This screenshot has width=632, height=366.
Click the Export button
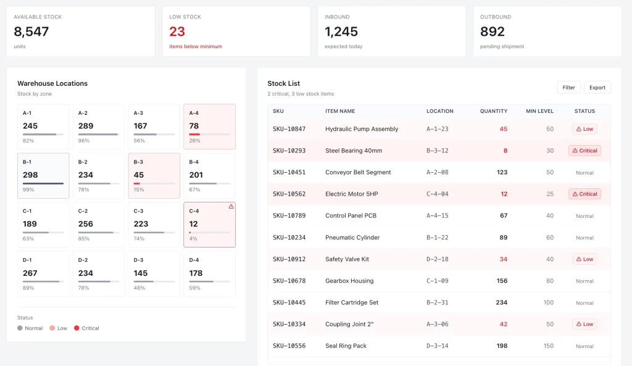click(x=597, y=88)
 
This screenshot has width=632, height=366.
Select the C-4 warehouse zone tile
click(x=209, y=225)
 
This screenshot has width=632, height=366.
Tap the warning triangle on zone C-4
click(x=231, y=206)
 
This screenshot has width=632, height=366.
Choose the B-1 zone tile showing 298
click(x=43, y=176)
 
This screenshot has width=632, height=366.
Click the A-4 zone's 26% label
click(x=194, y=141)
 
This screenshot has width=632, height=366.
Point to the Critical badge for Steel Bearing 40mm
click(x=584, y=151)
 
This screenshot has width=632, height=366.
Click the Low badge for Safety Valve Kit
click(x=584, y=259)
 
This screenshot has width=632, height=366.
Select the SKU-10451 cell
click(x=289, y=172)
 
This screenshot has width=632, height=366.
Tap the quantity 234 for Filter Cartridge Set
click(x=501, y=302)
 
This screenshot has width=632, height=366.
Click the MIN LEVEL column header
click(x=539, y=111)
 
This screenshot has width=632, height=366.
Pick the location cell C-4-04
click(x=438, y=194)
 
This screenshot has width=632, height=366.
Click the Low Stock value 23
click(x=177, y=31)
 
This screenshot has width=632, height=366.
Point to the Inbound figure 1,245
click(x=341, y=31)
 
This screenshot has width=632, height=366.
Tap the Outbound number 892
click(x=492, y=31)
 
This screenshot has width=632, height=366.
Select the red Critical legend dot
click(x=77, y=328)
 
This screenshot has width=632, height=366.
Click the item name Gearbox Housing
click(x=349, y=281)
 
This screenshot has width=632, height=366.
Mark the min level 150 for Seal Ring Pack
click(x=548, y=346)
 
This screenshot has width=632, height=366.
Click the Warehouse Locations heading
click(x=52, y=83)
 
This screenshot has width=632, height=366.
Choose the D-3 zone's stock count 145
click(x=141, y=273)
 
